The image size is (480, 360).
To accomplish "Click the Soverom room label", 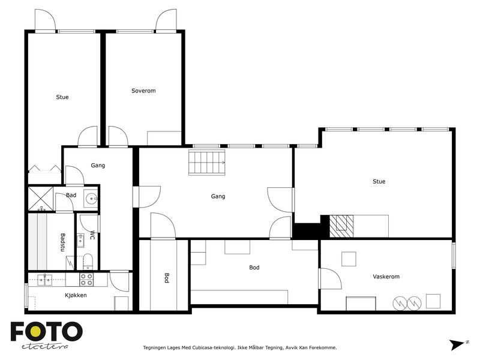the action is point(143,91).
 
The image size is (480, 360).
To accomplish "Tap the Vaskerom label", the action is point(386,277).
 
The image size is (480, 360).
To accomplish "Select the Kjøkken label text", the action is point(76,295).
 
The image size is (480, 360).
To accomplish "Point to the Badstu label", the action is point(63,242).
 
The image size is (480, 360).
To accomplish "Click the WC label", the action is point(92,235).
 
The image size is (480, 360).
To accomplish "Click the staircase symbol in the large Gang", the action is point(207,162).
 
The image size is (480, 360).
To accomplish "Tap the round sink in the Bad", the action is point(91,199).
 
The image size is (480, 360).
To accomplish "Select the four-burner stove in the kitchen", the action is point(86,280).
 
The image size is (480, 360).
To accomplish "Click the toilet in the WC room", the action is point(88,262).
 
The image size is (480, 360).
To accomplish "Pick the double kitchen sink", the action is point(44,280).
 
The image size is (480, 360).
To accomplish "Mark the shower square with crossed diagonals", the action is point(41,199).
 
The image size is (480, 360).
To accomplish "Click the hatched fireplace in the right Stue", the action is point(341,226).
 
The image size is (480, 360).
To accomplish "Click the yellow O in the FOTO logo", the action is point(35,331).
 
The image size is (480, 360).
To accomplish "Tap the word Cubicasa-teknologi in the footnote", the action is point(213,347).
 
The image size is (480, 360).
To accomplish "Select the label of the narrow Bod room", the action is point(167,278).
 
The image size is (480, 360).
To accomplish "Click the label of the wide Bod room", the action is point(254,267).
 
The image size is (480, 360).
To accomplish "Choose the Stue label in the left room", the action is point(62,97).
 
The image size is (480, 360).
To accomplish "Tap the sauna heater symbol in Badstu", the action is point(70,263).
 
